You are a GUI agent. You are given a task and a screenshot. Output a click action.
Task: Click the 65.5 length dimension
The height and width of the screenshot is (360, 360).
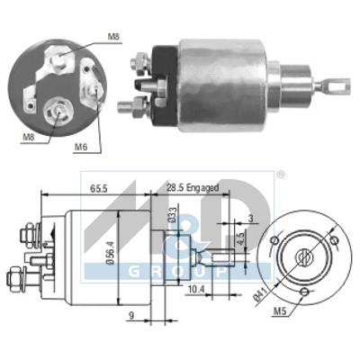click(x=99, y=189)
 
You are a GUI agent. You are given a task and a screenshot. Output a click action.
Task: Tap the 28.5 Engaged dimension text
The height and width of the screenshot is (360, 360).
click(x=193, y=188)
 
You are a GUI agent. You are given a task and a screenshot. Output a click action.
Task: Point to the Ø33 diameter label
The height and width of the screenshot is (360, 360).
click(x=172, y=214)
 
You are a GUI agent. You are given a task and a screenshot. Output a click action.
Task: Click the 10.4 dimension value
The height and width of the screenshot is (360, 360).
click(x=196, y=290)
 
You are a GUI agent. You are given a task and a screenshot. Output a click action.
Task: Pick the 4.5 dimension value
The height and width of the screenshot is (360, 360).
click(x=240, y=238)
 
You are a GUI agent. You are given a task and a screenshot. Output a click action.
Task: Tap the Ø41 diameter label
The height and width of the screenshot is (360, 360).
click(x=260, y=296)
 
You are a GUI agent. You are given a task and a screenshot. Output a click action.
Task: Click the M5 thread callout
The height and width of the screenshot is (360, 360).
click(x=280, y=312)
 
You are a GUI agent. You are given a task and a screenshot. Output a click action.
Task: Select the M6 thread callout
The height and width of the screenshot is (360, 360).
click(x=81, y=148)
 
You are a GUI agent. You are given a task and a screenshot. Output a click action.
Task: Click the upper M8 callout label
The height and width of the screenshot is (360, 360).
click(x=114, y=37)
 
